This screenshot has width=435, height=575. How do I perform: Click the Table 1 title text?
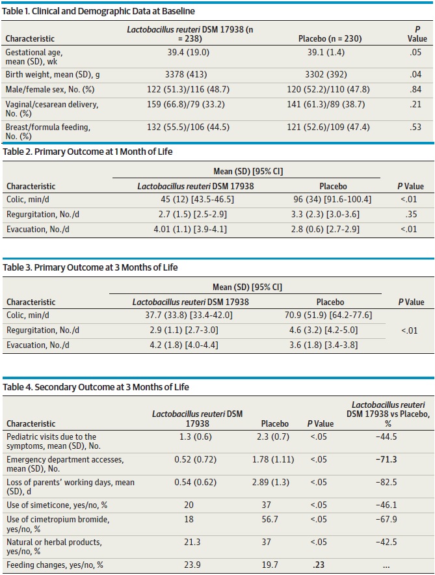coord(98,11)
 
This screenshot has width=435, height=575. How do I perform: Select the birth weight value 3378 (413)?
coord(186,74)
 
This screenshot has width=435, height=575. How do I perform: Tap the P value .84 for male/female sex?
coord(415,89)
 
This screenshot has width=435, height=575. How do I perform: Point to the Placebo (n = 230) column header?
coord(330,38)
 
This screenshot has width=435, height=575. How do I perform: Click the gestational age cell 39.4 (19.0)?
coord(189,52)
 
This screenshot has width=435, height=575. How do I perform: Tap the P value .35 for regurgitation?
coord(411,214)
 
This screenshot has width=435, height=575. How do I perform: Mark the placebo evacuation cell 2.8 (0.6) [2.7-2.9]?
coord(325,229)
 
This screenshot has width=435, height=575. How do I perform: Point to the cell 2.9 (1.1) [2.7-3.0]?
coord(184,330)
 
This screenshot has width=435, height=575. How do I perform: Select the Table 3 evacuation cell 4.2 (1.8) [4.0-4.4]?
coord(184,345)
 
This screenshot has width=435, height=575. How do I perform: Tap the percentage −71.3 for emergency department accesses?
coord(386,459)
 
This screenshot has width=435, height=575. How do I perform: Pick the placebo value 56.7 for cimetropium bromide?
coord(270,519)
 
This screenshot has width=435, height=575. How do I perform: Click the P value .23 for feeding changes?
coord(319,565)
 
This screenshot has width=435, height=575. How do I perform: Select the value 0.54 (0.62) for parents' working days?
coord(195,482)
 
